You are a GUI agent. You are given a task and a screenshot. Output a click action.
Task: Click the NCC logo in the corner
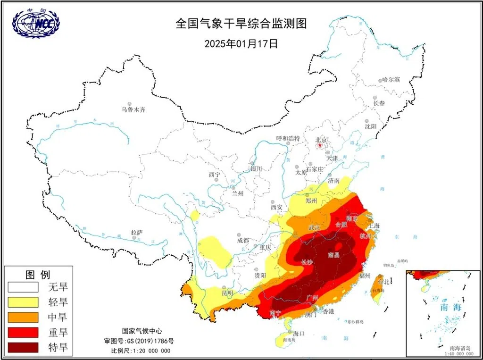36,23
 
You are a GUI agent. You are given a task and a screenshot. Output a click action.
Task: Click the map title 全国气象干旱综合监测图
244,24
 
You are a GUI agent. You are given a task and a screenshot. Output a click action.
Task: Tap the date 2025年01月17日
241,44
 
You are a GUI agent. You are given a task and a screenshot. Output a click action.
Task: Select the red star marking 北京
321,146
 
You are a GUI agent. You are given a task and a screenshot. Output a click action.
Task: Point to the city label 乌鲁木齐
133,109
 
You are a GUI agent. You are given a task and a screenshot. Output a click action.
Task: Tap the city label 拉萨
137,233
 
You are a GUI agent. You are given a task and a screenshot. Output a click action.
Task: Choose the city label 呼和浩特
288,138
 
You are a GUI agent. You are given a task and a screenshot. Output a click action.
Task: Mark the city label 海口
299,333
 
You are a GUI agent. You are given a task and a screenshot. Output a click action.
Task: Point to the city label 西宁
215,175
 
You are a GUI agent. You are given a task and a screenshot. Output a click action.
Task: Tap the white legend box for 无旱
23,286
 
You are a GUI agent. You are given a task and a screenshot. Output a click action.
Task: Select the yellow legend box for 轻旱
23,301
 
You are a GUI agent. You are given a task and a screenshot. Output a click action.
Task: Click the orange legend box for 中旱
23,317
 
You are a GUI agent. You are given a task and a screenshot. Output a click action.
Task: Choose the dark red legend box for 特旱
23,347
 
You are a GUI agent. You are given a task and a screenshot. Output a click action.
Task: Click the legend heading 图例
37,274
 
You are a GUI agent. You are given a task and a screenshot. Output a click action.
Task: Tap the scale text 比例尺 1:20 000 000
141,351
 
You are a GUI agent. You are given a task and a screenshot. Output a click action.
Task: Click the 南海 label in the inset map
451,307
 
